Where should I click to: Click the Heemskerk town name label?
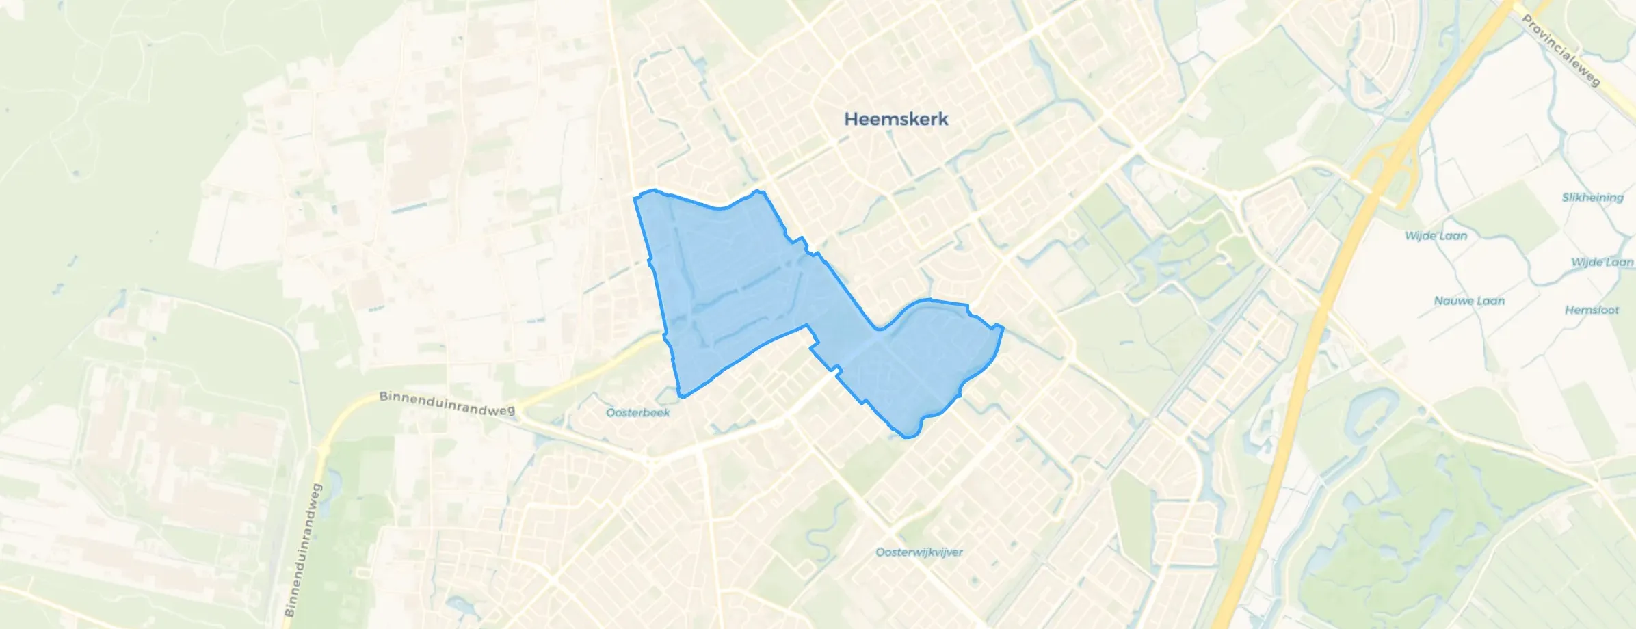[896, 119]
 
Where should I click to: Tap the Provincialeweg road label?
[1561, 51]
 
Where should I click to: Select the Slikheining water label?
[1592, 198]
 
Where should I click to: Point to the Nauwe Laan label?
[1469, 301]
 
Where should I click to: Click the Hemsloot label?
[1592, 310]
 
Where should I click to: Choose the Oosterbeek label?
[637, 413]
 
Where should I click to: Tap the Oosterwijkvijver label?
[919, 552]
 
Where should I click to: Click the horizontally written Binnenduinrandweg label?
[447, 403]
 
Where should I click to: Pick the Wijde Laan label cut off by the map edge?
[1602, 263]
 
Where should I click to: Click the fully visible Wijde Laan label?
[1436, 236]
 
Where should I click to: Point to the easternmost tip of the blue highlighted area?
[1003, 327]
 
